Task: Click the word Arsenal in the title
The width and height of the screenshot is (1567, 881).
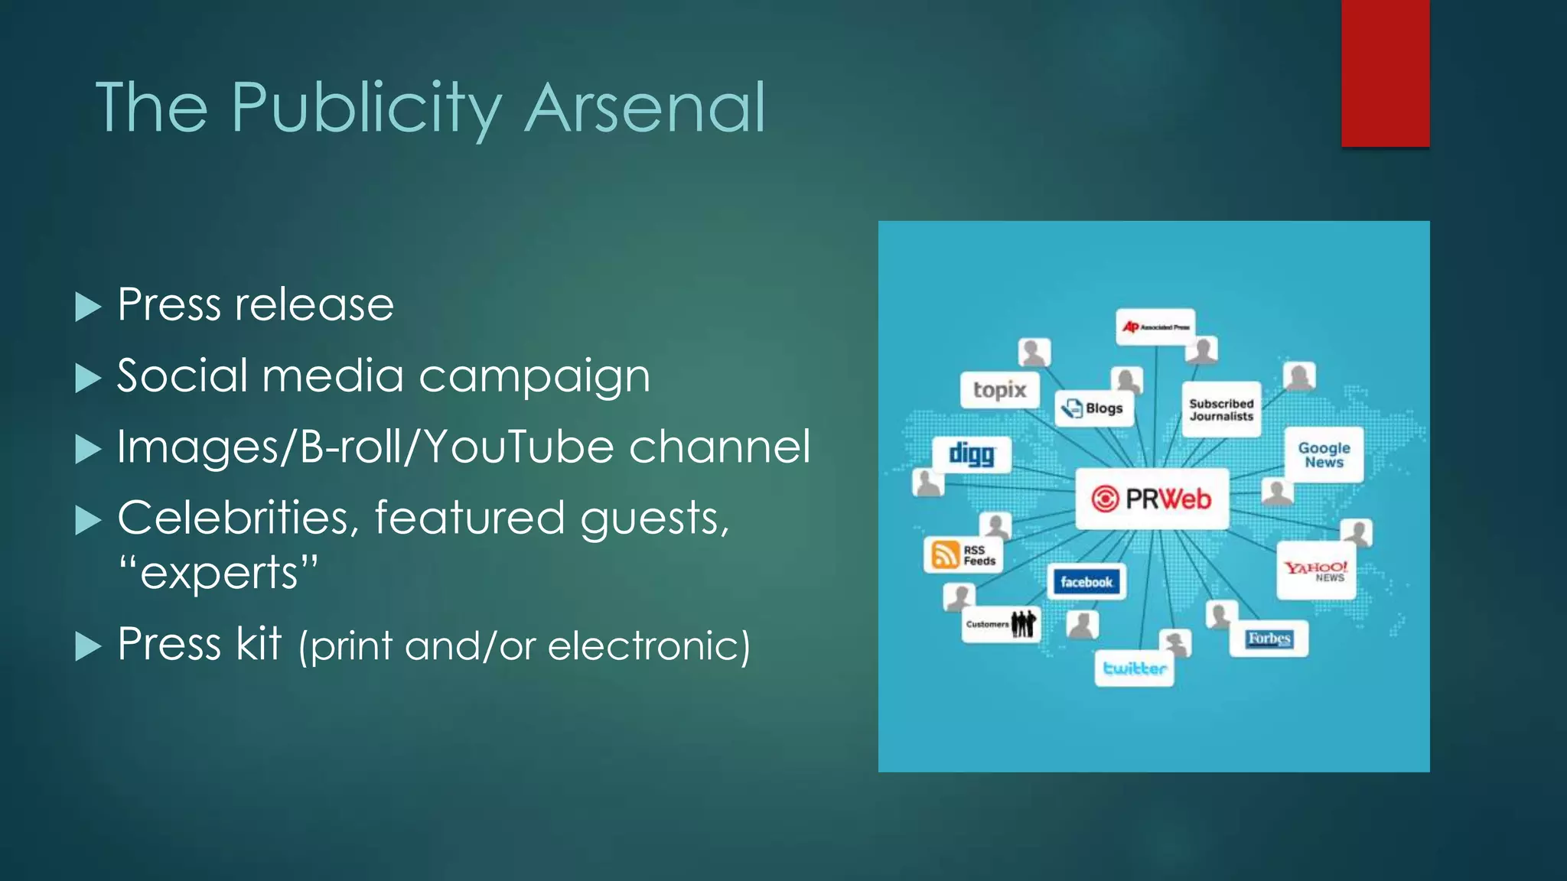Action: pyautogui.click(x=645, y=108)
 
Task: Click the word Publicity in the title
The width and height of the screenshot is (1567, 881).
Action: pyautogui.click(x=367, y=108)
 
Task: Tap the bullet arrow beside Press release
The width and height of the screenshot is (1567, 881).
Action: pyautogui.click(x=88, y=307)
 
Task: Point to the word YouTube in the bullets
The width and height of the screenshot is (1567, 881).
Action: pyautogui.click(x=519, y=447)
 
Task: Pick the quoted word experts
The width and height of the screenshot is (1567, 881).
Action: pyautogui.click(x=218, y=574)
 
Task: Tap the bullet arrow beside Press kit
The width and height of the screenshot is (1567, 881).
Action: pyautogui.click(x=88, y=647)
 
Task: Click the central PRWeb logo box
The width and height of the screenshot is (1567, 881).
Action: pyautogui.click(x=1152, y=499)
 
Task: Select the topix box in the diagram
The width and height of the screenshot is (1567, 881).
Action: pyautogui.click(x=999, y=390)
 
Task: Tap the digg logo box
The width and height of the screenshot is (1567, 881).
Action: pyautogui.click(x=972, y=454)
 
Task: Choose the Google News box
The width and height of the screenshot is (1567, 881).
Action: pyautogui.click(x=1324, y=455)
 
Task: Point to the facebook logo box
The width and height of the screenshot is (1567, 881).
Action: pyautogui.click(x=1086, y=582)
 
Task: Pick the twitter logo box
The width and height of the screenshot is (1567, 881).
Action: pyautogui.click(x=1135, y=668)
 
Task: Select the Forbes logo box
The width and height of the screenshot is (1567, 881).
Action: pyautogui.click(x=1269, y=639)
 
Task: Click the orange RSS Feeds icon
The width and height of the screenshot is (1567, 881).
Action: pyautogui.click(x=945, y=554)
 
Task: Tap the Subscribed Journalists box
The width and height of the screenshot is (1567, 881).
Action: pyautogui.click(x=1221, y=410)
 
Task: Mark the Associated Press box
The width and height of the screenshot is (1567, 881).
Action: pyautogui.click(x=1155, y=327)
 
